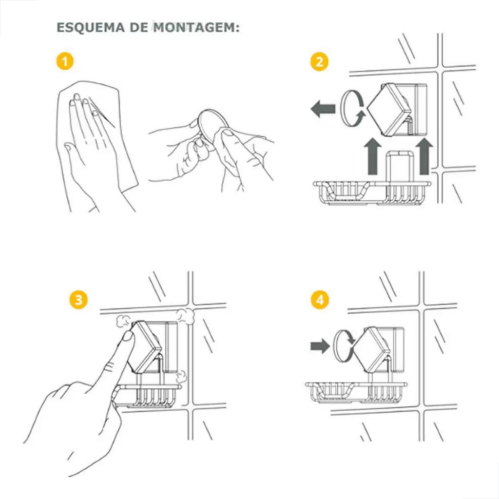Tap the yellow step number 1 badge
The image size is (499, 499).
pyautogui.click(x=65, y=61)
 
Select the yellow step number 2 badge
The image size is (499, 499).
pyautogui.click(x=319, y=61)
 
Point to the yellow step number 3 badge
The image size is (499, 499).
pyautogui.click(x=78, y=300)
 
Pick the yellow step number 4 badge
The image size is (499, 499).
pyautogui.click(x=320, y=300)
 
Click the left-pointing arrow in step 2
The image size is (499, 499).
pyautogui.click(x=323, y=109)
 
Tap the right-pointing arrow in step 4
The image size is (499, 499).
pyautogui.click(x=320, y=345)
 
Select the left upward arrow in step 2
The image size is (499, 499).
pyautogui.click(x=373, y=156)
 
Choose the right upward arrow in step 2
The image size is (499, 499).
pyautogui.click(x=424, y=156)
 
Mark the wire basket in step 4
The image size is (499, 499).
pyautogui.click(x=356, y=392)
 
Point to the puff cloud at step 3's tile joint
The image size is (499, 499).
pyautogui.click(x=185, y=316)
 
